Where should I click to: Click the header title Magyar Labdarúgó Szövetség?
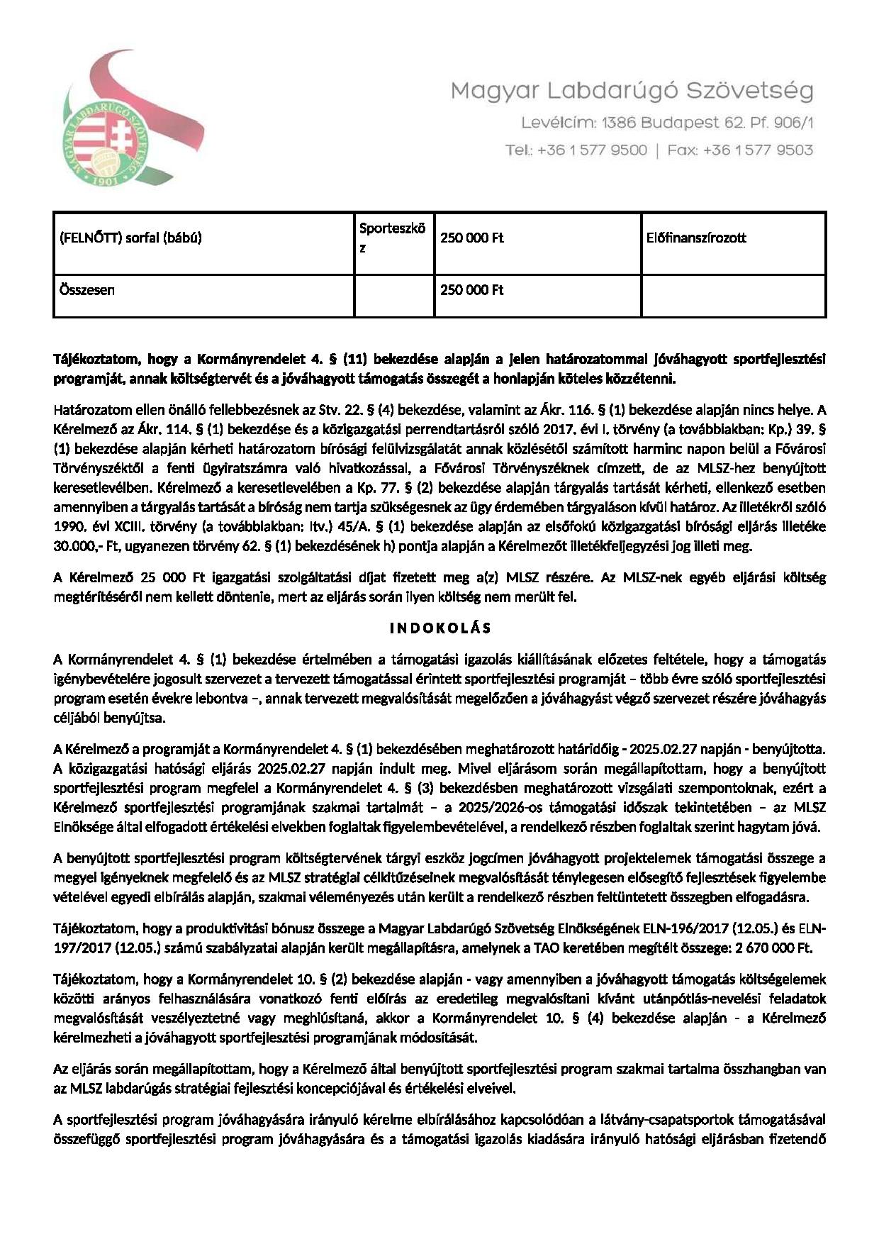coord(632,91)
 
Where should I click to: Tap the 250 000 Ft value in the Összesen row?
coord(471,290)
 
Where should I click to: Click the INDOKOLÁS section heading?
coord(439,628)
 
